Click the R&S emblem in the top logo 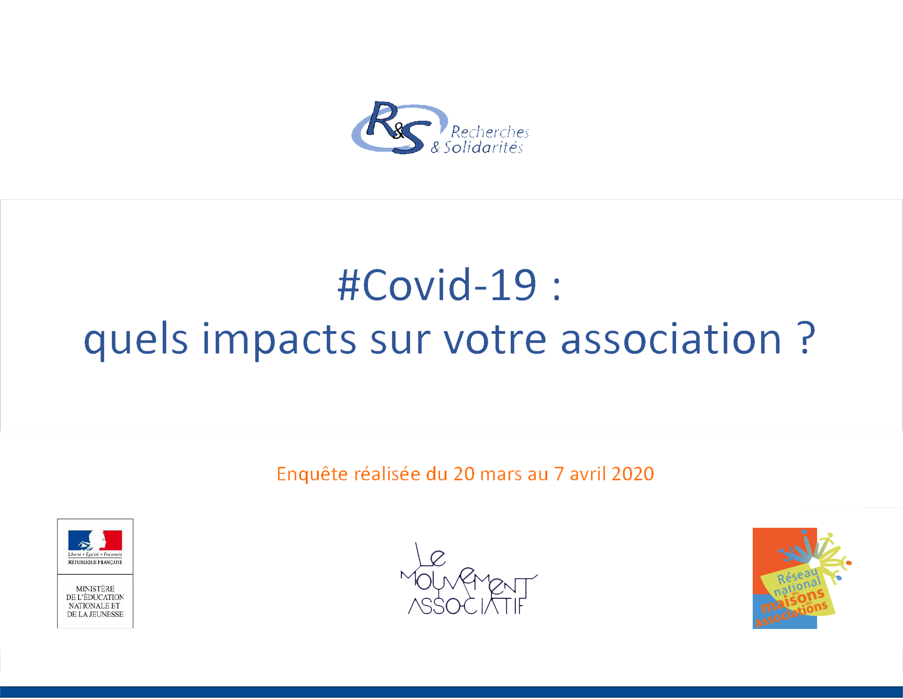(x=399, y=128)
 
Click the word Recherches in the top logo (x=490, y=132)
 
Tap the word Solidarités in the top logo (x=483, y=147)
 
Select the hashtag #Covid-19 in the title (x=437, y=285)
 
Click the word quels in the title (x=136, y=339)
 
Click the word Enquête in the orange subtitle (x=312, y=474)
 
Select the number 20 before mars (x=464, y=474)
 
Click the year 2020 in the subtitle (x=633, y=474)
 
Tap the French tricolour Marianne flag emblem (x=95, y=541)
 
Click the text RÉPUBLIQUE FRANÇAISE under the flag (x=95, y=562)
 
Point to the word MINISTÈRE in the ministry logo (x=95, y=589)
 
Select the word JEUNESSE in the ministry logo (x=106, y=614)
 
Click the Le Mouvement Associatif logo (x=468, y=579)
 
